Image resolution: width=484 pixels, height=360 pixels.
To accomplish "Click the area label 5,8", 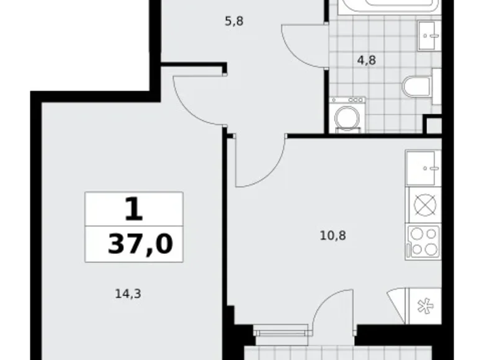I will coord(234,21).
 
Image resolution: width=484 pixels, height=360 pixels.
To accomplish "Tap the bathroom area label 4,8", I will coord(366,61).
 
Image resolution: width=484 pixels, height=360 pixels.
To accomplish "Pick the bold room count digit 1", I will coord(133,210).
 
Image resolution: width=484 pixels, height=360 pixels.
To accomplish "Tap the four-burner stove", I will coord(423,241).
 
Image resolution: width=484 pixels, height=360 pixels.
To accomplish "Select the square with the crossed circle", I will coord(423,204).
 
